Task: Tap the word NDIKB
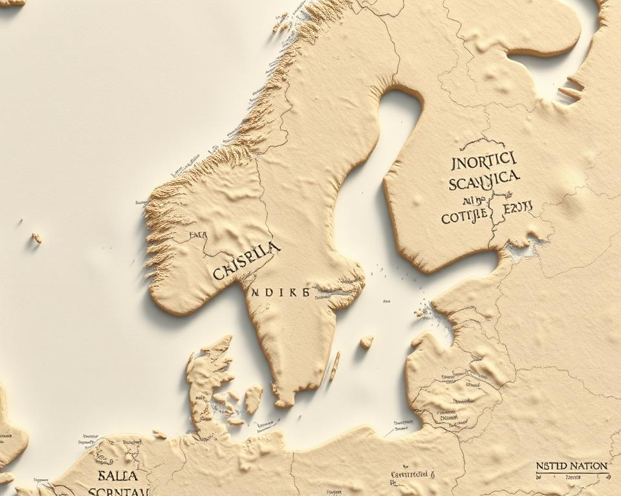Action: [x=279, y=292]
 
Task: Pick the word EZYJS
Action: [x=517, y=207]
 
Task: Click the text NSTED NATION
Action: [x=571, y=466]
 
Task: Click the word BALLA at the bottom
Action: [x=118, y=476]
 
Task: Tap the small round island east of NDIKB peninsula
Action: [x=367, y=342]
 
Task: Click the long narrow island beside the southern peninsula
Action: [x=334, y=366]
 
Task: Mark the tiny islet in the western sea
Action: [x=36, y=238]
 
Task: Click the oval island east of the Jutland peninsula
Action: [x=253, y=399]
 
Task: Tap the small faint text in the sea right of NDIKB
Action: [x=386, y=301]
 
